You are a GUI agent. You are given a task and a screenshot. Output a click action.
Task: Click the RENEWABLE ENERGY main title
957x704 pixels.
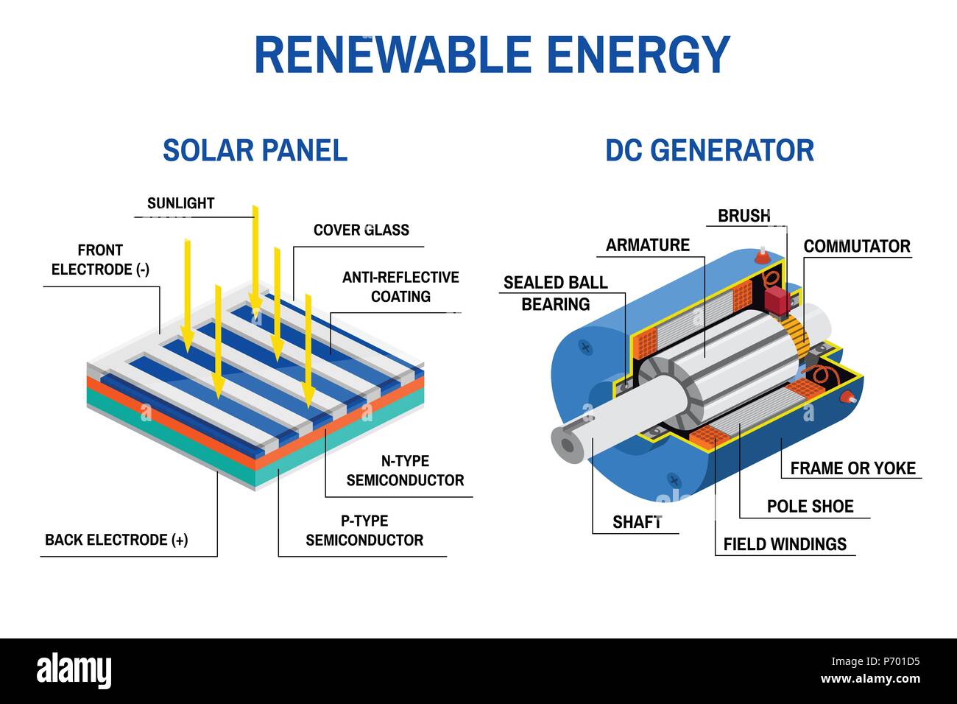pyautogui.click(x=492, y=54)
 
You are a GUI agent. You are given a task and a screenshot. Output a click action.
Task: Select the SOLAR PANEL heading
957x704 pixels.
pyautogui.click(x=255, y=150)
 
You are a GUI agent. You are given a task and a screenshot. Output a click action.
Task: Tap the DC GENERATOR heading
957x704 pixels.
pyautogui.click(x=710, y=150)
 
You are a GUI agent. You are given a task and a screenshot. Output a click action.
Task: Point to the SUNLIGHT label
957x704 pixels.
pyautogui.click(x=180, y=203)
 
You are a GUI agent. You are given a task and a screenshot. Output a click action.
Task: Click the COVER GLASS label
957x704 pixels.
pyautogui.click(x=361, y=230)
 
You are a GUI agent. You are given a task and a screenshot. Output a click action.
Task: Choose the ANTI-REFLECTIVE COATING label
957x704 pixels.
pyautogui.click(x=400, y=286)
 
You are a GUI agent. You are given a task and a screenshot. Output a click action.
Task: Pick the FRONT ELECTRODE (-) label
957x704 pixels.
pyautogui.click(x=100, y=260)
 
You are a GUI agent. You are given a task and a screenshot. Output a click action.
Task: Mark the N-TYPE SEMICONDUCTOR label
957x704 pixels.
pyautogui.click(x=405, y=471)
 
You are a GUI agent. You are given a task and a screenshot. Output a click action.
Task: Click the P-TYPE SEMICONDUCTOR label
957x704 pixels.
pyautogui.click(x=364, y=530)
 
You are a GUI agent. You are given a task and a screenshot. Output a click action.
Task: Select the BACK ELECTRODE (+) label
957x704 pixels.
pyautogui.click(x=116, y=540)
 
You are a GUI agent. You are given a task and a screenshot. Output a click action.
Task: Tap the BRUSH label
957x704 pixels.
pyautogui.click(x=744, y=216)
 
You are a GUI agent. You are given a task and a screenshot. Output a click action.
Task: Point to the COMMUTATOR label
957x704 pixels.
pyautogui.click(x=856, y=246)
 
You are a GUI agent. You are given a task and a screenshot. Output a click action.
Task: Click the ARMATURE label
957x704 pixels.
pyautogui.click(x=648, y=245)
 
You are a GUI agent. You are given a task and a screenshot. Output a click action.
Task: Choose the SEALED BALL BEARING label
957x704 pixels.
pyautogui.click(x=556, y=293)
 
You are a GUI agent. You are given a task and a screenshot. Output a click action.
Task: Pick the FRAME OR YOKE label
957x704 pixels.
pyautogui.click(x=852, y=468)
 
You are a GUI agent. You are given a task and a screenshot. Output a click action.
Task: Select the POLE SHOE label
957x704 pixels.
pyautogui.click(x=810, y=506)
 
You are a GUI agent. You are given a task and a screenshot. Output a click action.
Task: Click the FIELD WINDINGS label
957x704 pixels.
pyautogui.click(x=785, y=544)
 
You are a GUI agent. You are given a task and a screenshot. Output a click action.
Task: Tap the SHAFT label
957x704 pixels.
pyautogui.click(x=638, y=522)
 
